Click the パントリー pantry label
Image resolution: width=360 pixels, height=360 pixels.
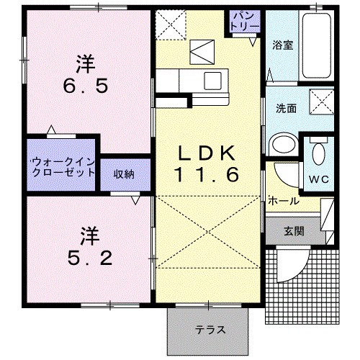(x=244, y=22)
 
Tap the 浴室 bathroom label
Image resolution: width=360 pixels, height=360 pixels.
(x=282, y=45)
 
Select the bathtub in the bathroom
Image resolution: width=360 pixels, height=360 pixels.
(x=316, y=45)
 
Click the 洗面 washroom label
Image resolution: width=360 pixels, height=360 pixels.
(x=286, y=109)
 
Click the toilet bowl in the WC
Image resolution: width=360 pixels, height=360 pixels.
(x=319, y=153)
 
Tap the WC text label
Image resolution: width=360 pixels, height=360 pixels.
(x=318, y=179)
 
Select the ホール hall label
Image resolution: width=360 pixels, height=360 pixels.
(x=284, y=201)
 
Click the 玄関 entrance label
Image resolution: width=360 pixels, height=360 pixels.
(x=294, y=231)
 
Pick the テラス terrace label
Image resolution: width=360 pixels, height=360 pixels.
(x=210, y=330)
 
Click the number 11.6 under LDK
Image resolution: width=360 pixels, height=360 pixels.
(x=207, y=174)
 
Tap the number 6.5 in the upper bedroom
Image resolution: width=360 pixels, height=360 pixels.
(x=86, y=86)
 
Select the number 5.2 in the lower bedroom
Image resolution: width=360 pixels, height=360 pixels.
(x=90, y=258)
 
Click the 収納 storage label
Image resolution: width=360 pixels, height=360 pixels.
(x=124, y=174)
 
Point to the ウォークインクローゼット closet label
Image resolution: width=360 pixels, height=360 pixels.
(x=63, y=168)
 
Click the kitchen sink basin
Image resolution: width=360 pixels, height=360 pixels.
(x=212, y=81)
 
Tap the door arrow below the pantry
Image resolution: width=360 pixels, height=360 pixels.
(x=253, y=42)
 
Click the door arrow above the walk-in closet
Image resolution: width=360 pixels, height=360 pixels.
(x=51, y=130)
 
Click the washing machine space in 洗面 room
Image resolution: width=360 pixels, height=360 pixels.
(x=321, y=102)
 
